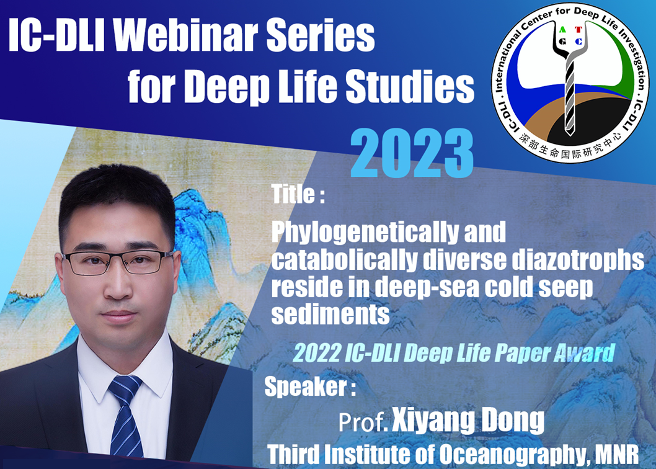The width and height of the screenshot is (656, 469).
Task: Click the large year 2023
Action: click(x=412, y=153)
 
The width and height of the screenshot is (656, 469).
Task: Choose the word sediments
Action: click(x=330, y=315)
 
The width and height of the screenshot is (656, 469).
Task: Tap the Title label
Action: click(x=298, y=194)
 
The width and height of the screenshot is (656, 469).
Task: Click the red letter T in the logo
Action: click(x=578, y=29)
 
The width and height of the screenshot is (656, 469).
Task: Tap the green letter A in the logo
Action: click(x=562, y=29)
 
